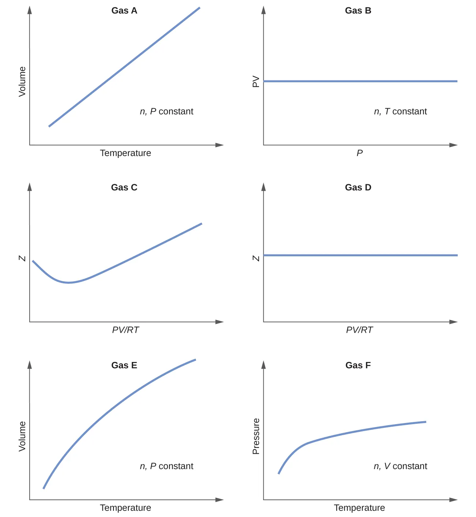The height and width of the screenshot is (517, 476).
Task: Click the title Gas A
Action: [x=124, y=11]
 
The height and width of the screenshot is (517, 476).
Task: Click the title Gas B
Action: [x=358, y=11]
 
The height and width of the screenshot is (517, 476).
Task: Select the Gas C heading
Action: [x=124, y=187]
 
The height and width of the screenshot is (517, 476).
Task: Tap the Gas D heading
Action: [x=358, y=187]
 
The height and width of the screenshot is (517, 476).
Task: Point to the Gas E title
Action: [x=124, y=365]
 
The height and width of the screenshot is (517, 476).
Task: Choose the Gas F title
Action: [x=358, y=365]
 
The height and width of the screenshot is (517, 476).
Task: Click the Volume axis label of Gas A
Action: [x=22, y=82]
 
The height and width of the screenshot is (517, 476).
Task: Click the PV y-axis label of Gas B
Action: [x=256, y=82]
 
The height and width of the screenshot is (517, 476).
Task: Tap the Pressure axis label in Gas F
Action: [x=256, y=436]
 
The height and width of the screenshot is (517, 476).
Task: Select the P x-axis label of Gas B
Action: [x=360, y=153]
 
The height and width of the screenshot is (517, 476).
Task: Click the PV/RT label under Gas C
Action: [x=125, y=330]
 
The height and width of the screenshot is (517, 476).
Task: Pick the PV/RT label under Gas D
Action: [x=359, y=330]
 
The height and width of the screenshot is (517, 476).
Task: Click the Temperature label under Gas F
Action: [x=359, y=508]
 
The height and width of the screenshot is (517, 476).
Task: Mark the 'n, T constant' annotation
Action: [x=400, y=112]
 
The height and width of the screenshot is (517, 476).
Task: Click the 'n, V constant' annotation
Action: [x=400, y=466]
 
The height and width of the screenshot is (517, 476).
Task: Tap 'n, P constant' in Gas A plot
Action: [x=166, y=112]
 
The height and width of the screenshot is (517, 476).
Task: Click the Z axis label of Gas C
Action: [x=22, y=258]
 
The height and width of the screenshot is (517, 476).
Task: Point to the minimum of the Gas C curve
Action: [x=68, y=283]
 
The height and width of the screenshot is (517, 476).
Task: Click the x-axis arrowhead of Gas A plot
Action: [x=220, y=145]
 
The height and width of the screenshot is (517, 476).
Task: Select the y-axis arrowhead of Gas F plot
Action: [x=263, y=365]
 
